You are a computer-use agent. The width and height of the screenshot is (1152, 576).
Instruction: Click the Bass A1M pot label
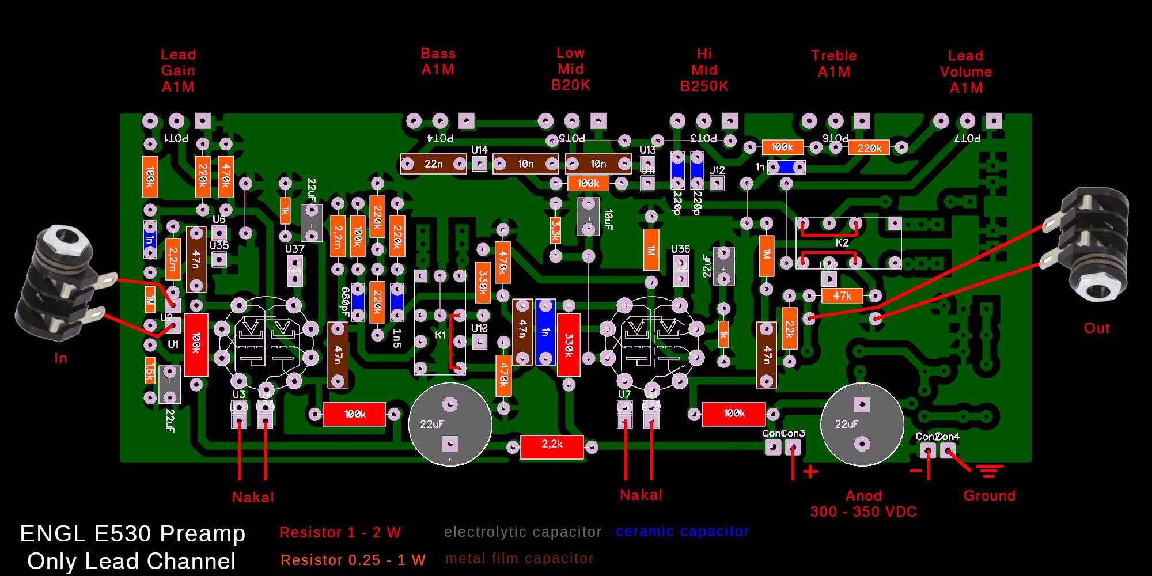(x=438, y=62)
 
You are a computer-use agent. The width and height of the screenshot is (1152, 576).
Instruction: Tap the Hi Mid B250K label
(x=704, y=70)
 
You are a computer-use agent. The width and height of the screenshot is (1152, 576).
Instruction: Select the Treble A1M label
(x=834, y=64)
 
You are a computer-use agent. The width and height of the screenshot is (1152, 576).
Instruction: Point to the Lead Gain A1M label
(x=178, y=71)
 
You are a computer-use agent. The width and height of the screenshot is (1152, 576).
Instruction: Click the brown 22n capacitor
(x=433, y=164)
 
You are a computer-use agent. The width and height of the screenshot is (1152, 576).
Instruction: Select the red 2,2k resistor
(x=551, y=446)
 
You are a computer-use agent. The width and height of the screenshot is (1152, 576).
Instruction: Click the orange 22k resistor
(x=789, y=329)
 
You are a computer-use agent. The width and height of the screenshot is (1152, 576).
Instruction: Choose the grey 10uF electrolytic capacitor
(x=589, y=217)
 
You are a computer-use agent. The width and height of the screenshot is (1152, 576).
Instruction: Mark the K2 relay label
(x=842, y=243)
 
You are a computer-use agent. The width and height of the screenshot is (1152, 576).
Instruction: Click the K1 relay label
(x=441, y=335)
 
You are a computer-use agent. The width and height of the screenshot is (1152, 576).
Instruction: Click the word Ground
(x=990, y=496)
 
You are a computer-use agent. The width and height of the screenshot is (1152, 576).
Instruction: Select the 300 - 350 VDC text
(x=863, y=511)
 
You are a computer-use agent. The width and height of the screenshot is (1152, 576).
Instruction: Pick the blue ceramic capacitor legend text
(x=683, y=532)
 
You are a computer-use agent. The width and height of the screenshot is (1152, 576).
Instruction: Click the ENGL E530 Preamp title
(x=132, y=534)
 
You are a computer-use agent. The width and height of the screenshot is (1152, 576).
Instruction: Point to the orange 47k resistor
(x=842, y=296)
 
